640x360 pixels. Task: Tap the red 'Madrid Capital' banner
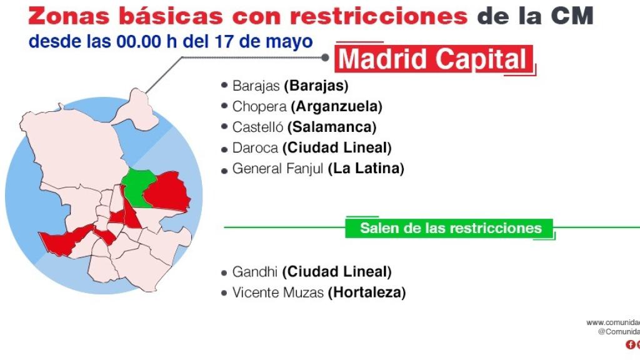434,60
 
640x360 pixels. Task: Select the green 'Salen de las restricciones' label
450,228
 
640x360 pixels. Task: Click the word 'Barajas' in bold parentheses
316,86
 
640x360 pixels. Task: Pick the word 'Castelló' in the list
257,127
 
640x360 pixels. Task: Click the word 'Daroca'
255,148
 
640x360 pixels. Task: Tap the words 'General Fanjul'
278,169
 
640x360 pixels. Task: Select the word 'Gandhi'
255,272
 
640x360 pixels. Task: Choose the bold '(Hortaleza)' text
367,292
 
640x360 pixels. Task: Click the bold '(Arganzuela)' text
336,106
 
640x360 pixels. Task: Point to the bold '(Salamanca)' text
332,127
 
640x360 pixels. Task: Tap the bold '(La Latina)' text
367,169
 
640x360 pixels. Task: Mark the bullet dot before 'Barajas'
224,86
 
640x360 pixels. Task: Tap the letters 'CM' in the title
573,16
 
